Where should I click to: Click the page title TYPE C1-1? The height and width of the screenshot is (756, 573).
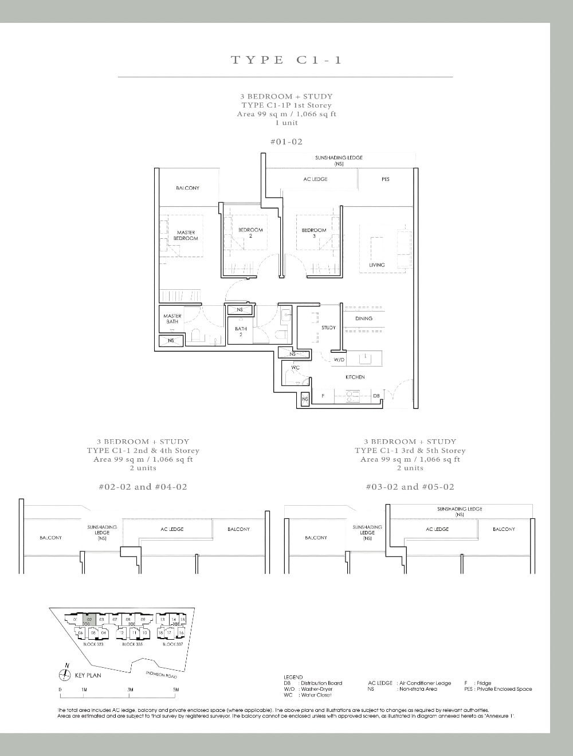pos(286,60)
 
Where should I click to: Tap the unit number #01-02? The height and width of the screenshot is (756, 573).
pos(286,141)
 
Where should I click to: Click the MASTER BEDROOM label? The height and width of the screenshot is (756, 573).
pos(186,235)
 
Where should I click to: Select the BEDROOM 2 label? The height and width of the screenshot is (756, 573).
pos(250,233)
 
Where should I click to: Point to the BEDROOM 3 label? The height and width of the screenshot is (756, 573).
pos(313,233)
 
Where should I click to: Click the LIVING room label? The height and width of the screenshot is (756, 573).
pos(376,265)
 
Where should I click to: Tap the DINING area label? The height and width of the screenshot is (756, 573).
pos(363,318)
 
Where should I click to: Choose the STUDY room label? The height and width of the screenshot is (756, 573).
pos(328,328)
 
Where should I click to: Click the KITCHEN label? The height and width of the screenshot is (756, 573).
pos(355,377)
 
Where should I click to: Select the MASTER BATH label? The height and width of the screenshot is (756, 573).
pos(172,318)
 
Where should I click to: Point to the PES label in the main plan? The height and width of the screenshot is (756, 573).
pos(385,179)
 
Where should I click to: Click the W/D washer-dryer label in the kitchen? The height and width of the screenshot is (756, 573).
pos(339,360)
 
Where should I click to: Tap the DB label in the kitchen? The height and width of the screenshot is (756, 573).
pos(376,396)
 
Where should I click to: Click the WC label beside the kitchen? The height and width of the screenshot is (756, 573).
pos(295,368)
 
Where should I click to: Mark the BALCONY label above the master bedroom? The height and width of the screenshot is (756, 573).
pos(187,188)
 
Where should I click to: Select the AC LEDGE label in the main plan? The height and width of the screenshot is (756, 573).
pos(315,179)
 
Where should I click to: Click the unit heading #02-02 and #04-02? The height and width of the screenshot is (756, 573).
pos(143,487)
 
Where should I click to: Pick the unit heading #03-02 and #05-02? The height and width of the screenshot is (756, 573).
pos(410,487)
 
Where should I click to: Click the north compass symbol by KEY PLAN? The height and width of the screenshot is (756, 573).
pos(67,674)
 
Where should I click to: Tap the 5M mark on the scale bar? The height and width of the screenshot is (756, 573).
pos(176,690)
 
